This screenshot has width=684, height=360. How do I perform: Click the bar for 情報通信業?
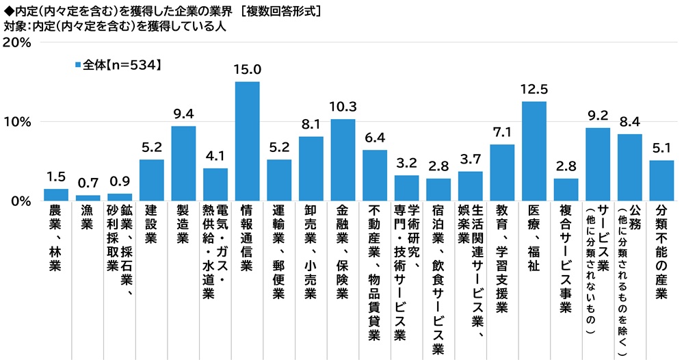point(247,141)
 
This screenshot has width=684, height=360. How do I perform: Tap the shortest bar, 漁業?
point(88,198)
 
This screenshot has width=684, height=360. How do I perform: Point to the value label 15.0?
point(247,70)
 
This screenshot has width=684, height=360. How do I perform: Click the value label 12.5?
point(534,90)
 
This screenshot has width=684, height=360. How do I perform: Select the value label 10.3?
point(343,107)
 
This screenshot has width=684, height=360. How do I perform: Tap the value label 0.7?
point(88,184)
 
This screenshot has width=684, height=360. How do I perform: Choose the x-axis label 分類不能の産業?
point(661,253)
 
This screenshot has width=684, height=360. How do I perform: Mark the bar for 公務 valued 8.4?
point(629,167)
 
